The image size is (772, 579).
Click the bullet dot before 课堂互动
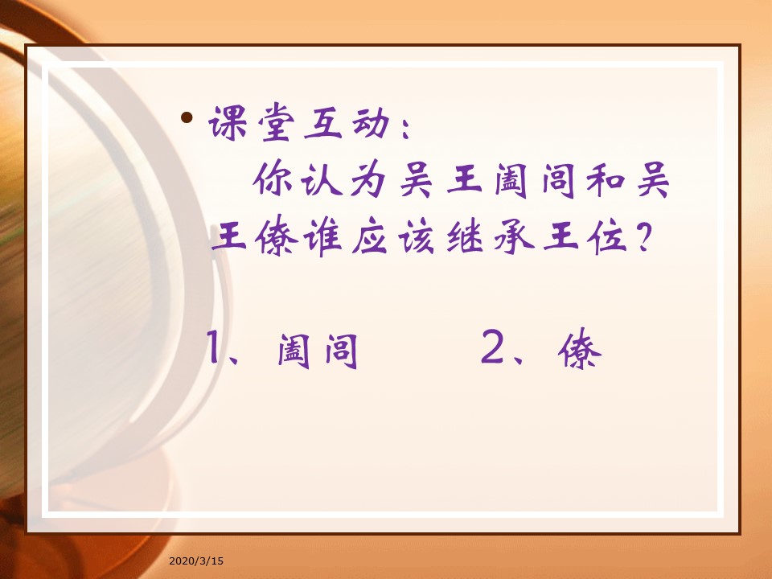(x=187, y=117)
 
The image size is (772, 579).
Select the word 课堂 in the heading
(x=252, y=122)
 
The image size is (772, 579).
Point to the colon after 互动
(x=405, y=129)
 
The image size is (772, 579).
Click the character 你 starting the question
(x=273, y=178)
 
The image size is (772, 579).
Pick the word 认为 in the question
(x=343, y=179)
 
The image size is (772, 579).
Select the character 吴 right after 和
(x=653, y=179)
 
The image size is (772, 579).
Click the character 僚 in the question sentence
(x=276, y=235)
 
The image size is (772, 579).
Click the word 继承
(x=490, y=236)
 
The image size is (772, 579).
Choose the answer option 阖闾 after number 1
(x=317, y=351)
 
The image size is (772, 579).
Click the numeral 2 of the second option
(x=492, y=347)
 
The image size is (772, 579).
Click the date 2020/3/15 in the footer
(x=196, y=561)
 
